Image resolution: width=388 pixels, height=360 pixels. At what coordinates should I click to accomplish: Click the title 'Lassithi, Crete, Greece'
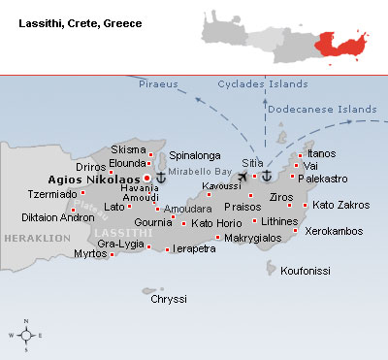(x=81, y=20)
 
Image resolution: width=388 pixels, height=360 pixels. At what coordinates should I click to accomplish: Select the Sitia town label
(x=252, y=163)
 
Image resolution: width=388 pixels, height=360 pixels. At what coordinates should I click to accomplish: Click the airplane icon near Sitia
(x=242, y=177)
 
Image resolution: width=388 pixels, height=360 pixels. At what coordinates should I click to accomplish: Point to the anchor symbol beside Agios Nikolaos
(x=161, y=178)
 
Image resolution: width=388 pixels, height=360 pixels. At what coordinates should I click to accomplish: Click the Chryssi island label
(x=168, y=299)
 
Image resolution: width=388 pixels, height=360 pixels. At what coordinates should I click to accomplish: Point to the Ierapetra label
(x=195, y=249)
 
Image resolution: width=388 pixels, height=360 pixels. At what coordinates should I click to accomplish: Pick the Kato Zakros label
(x=339, y=205)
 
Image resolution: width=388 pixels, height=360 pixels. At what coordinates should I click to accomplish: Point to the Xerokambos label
(x=334, y=231)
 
